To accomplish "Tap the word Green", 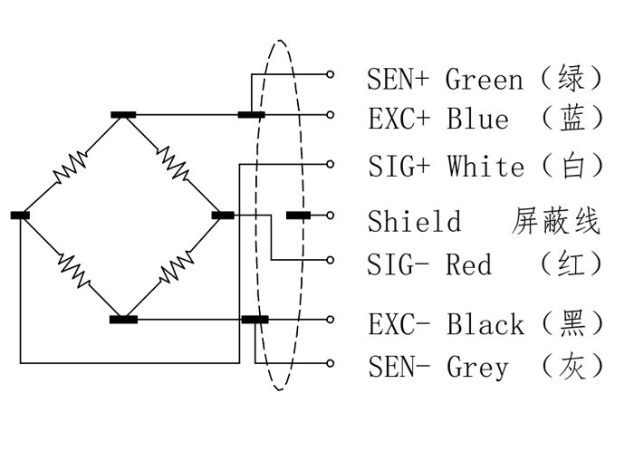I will point(485,80).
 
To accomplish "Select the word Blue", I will point(477,119).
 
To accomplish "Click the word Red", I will point(468,264).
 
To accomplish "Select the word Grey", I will point(478,367).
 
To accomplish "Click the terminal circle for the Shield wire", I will point(331,216).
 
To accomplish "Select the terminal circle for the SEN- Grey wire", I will point(331,363).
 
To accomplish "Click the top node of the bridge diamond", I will point(123,115).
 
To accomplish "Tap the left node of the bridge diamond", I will point(20,216).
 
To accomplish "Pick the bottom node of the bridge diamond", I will point(123,319).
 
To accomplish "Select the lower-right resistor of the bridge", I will point(175,266).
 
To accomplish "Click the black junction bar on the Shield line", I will point(300,216).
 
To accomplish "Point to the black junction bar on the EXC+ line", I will point(251,115).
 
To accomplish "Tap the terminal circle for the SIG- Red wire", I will point(331,260).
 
